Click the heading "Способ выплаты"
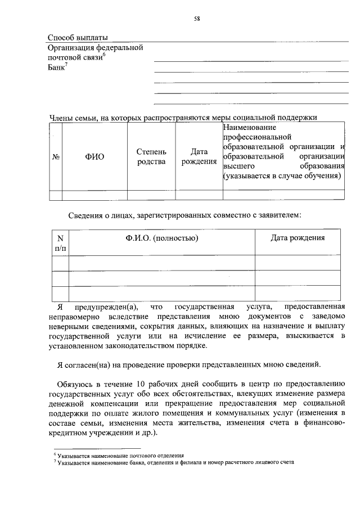pos(77,38)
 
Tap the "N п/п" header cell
pos(60,242)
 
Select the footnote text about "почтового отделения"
pos(120,455)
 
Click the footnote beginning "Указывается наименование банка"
pos(174,462)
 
